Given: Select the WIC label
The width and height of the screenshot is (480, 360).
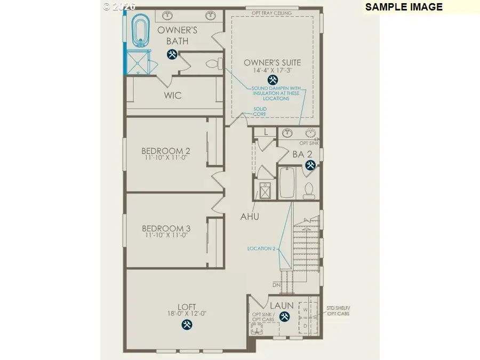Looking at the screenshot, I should (173, 95).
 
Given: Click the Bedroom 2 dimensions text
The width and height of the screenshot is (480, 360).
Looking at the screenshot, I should (166, 158).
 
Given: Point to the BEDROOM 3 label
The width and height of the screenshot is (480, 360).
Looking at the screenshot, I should (166, 228).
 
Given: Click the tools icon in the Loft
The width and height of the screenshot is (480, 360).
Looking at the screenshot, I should (187, 324).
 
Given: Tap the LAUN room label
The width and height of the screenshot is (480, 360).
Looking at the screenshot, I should (281, 306).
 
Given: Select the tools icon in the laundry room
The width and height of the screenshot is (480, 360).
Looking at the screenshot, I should (284, 317).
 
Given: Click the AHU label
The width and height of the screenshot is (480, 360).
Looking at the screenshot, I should (250, 217).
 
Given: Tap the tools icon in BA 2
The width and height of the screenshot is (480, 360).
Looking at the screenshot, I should (309, 165).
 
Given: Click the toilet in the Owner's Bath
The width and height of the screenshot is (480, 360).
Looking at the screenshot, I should (213, 65).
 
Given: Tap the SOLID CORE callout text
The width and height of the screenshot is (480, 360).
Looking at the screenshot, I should (260, 111).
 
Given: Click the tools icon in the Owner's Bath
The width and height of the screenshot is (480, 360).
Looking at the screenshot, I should (172, 54).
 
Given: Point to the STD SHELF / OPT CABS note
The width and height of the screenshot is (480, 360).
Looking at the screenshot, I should (340, 311).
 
